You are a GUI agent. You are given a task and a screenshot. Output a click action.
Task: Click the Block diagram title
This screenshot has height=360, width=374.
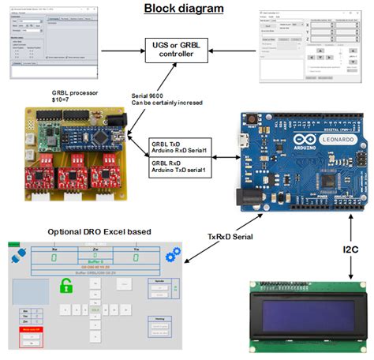(x=183, y=9)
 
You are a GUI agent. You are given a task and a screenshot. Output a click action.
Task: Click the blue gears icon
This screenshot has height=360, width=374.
(x=173, y=257)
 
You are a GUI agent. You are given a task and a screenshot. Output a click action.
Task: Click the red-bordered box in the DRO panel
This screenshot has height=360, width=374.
(x=31, y=336)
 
